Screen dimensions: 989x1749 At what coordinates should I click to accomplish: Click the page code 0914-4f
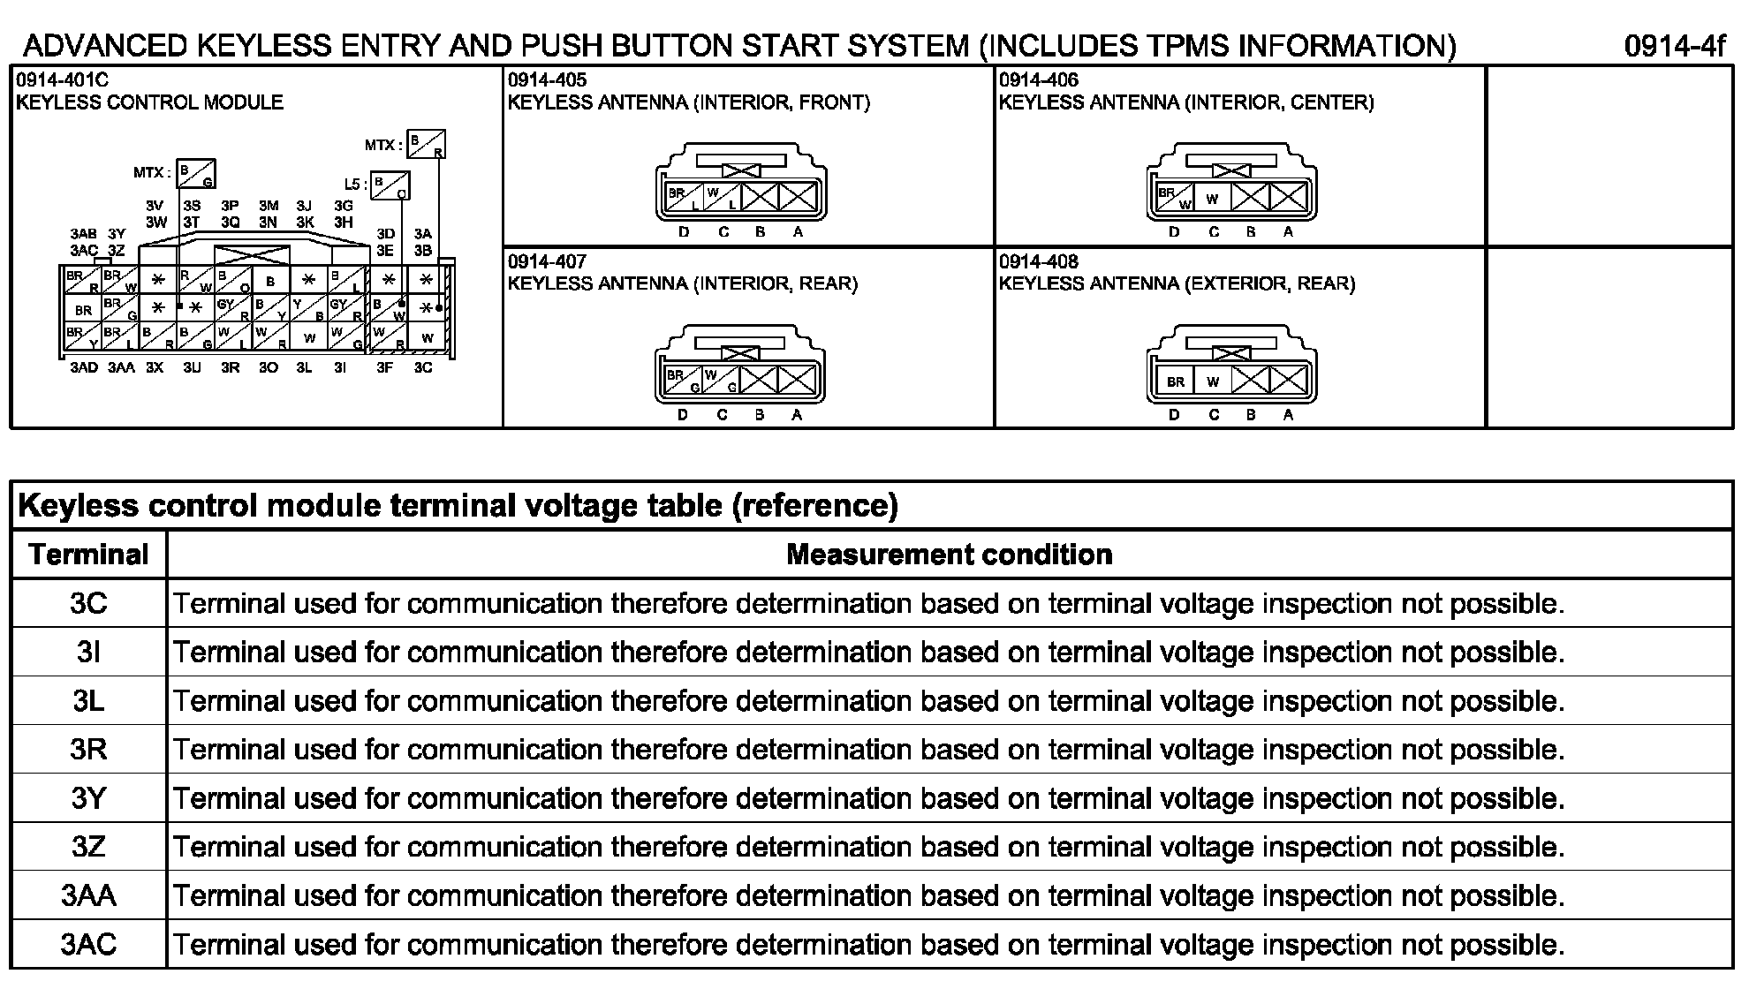click(x=1674, y=46)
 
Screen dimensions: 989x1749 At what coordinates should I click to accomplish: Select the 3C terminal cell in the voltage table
click(x=88, y=604)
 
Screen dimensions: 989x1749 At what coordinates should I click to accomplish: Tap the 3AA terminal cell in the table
click(x=88, y=896)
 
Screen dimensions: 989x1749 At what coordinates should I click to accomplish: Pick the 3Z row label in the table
click(x=88, y=848)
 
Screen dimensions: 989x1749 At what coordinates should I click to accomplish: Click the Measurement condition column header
click(x=949, y=555)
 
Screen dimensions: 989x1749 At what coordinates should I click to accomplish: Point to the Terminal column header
click(x=88, y=555)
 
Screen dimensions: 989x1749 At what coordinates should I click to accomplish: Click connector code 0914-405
click(x=547, y=80)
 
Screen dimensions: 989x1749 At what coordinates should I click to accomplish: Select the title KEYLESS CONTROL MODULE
click(x=149, y=102)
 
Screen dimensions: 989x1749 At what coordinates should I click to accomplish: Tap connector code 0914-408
click(x=1038, y=262)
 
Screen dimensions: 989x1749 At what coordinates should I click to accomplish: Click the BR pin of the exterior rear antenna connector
click(x=1175, y=381)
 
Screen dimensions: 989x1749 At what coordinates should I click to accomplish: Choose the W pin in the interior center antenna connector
click(x=1212, y=199)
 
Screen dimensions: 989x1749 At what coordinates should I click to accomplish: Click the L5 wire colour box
click(x=390, y=185)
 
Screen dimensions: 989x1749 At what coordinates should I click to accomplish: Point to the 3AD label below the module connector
click(x=84, y=367)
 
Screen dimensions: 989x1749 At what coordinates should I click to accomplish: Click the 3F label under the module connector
click(x=384, y=367)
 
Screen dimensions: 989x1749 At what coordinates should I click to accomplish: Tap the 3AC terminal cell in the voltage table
click(x=88, y=945)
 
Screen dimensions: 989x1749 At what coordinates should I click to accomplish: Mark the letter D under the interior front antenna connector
click(x=683, y=232)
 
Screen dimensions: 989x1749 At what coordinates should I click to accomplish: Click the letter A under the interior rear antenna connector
click(x=797, y=414)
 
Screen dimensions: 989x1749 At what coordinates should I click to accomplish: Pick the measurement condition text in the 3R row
click(x=868, y=750)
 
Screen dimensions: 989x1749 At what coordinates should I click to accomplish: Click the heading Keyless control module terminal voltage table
click(x=458, y=506)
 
